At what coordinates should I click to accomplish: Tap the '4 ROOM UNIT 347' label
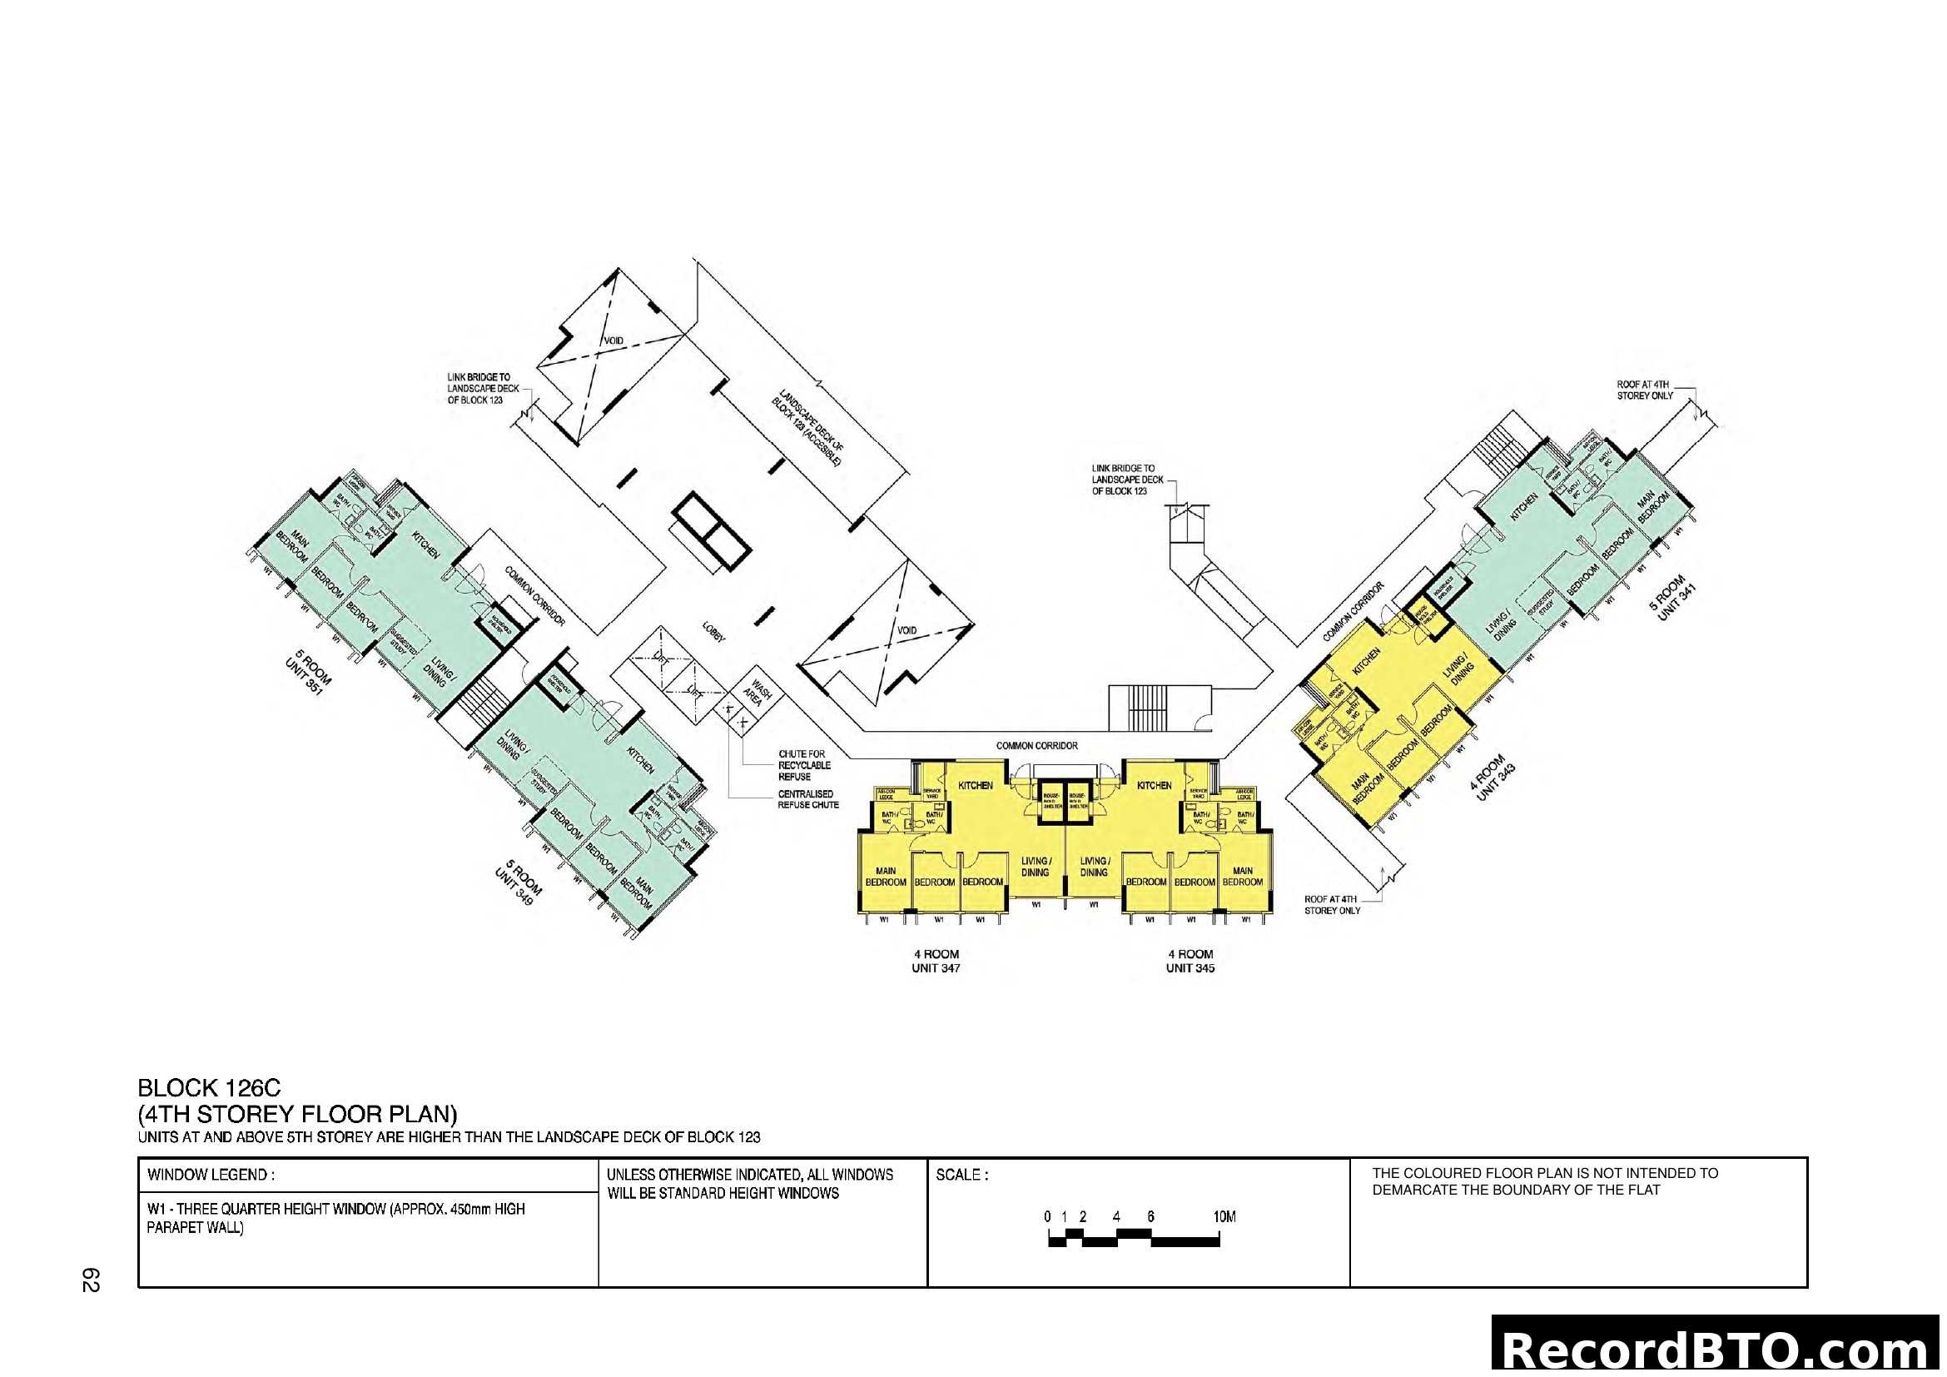pos(936,961)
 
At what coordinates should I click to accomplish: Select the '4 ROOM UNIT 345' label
pos(1190,961)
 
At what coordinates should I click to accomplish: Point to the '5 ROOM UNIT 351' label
pos(308,673)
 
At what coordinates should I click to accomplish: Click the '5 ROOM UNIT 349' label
pos(518,882)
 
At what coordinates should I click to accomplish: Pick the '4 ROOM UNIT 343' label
pos(1492,778)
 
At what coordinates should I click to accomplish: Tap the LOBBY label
pos(713,633)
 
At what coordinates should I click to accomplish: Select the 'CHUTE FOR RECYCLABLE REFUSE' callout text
pos(804,765)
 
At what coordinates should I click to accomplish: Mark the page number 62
pos(91,1280)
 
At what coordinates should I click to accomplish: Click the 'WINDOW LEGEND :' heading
pos(211,1176)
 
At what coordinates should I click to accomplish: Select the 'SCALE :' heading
pos(961,1176)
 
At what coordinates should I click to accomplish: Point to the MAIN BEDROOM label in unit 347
pos(886,877)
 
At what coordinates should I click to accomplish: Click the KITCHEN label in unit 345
pos(1153,786)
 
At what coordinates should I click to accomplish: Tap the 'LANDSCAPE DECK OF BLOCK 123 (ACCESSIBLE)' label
pos(807,428)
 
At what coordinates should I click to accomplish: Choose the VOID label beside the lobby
pos(906,631)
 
